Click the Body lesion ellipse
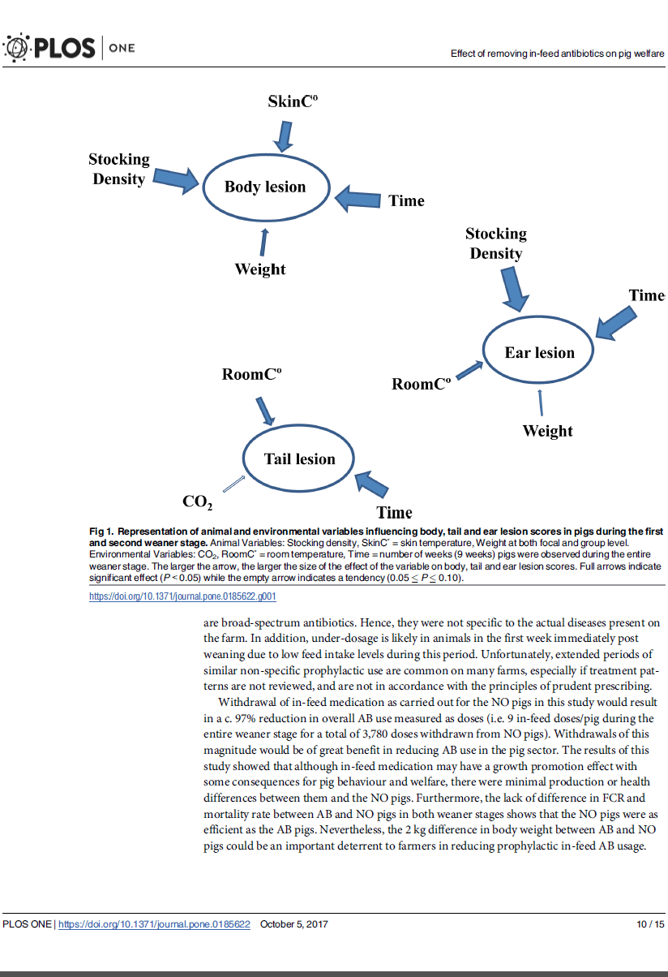[265, 187]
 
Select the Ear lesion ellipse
[539, 353]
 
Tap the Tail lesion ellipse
[299, 459]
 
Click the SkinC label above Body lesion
[293, 101]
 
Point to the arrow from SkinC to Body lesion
[282, 136]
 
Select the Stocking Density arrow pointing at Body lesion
[176, 178]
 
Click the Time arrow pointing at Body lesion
[358, 197]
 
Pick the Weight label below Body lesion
[260, 269]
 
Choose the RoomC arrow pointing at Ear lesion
[469, 371]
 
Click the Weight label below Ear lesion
[547, 431]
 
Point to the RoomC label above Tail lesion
[252, 374]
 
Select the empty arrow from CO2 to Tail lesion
[233, 483]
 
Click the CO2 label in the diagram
[197, 502]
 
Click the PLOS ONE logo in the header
[70, 49]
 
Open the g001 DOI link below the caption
[182, 596]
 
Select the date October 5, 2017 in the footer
[294, 924]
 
